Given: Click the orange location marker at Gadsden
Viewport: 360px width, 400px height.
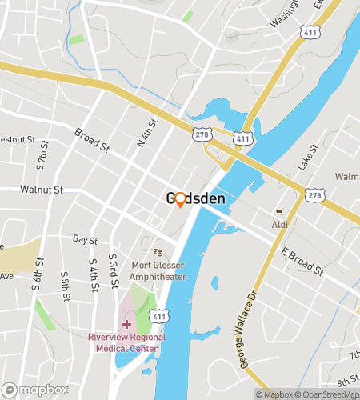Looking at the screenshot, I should (180, 200).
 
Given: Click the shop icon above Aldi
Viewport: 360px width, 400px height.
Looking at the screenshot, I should (279, 212).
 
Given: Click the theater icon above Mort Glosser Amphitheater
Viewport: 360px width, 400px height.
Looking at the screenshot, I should (157, 252).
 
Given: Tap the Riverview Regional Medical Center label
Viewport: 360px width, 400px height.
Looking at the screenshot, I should (127, 342).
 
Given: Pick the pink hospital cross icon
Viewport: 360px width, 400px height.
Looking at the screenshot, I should (126, 324).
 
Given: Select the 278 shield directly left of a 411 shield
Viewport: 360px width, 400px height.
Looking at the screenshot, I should (202, 136).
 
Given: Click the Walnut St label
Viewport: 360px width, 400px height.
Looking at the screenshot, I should (42, 190).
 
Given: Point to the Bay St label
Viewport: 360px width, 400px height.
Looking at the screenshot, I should (84, 239).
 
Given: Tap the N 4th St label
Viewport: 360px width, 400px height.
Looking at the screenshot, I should (144, 132).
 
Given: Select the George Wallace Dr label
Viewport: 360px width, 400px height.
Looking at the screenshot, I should (250, 329).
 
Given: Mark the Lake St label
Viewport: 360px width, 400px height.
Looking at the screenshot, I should (308, 158).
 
